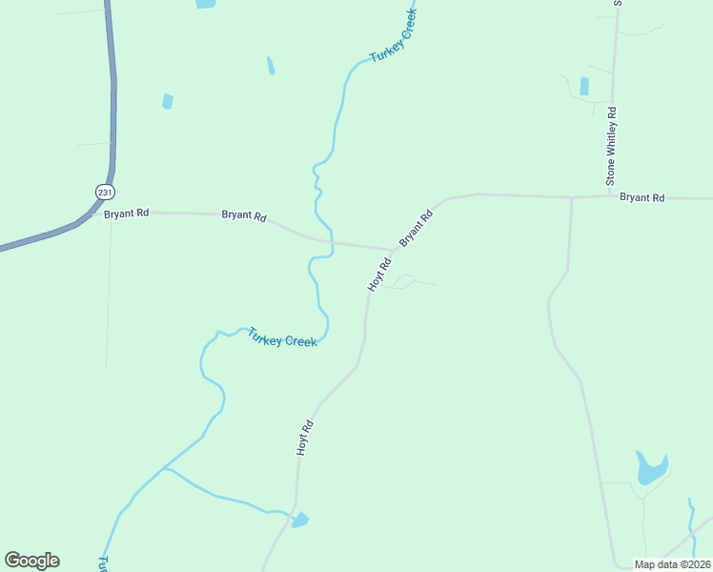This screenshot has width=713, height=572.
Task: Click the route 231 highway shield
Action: click(103, 192)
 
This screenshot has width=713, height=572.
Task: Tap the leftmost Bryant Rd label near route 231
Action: click(127, 214)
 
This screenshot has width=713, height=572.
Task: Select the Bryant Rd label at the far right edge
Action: click(642, 197)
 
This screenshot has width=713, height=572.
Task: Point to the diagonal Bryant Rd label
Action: click(416, 229)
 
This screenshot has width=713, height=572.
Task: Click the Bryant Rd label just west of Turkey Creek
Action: click(244, 215)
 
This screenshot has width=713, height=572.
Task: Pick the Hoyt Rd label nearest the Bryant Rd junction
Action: click(379, 275)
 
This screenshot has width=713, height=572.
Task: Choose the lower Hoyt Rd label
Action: click(305, 439)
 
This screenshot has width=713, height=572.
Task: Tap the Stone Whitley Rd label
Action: click(612, 145)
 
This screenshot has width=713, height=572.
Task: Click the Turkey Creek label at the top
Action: click(394, 44)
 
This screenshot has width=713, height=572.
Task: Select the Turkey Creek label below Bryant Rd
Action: click(282, 337)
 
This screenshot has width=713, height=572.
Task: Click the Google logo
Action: click(31, 561)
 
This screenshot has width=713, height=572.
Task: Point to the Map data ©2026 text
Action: click(672, 564)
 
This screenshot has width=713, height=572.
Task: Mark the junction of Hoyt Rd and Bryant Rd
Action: click(393, 250)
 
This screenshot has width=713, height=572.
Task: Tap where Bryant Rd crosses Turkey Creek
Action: click(331, 241)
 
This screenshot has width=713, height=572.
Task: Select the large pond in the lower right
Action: click(651, 468)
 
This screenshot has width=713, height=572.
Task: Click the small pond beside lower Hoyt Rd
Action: click(300, 520)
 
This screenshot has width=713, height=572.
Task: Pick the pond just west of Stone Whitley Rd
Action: click(583, 86)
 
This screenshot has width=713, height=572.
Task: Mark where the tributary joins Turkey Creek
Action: click(164, 468)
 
